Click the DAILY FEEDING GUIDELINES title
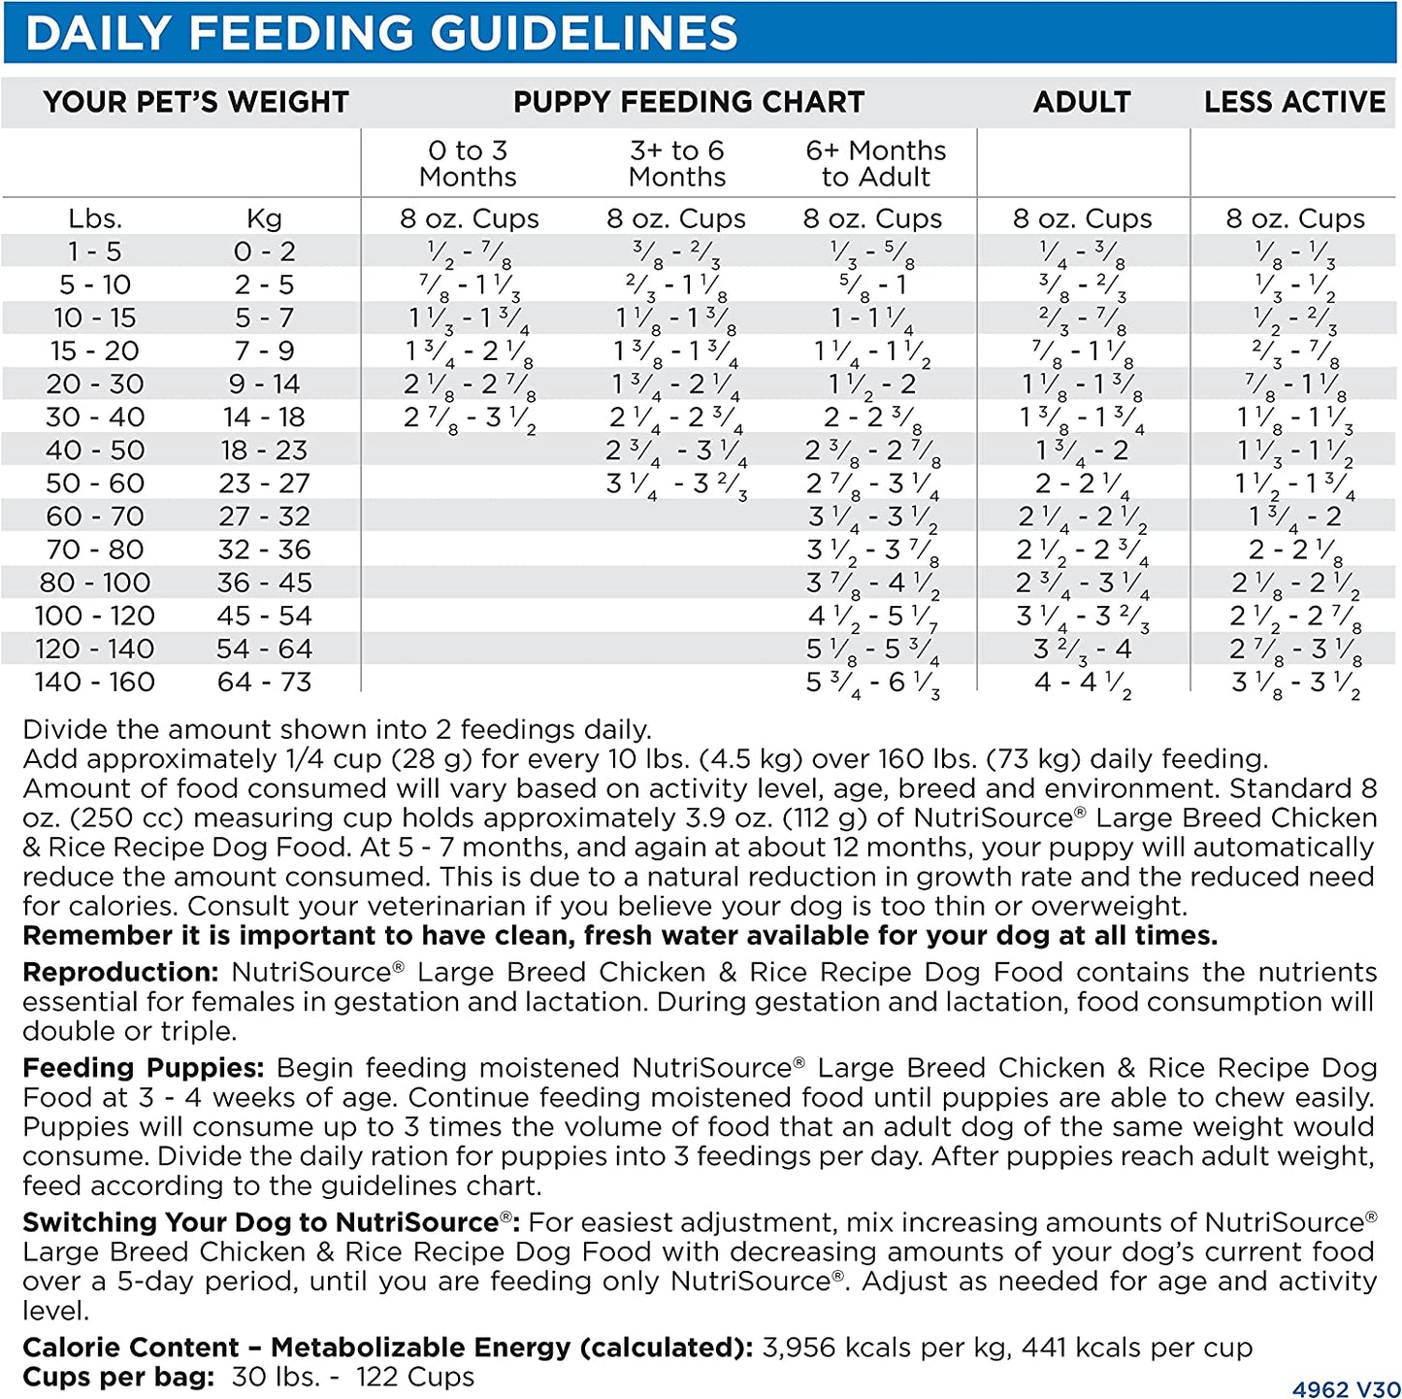(x=381, y=33)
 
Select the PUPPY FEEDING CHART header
(x=688, y=102)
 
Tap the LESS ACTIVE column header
(x=1294, y=102)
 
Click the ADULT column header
(x=1082, y=102)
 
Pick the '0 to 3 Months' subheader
(x=468, y=163)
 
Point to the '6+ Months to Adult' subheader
(x=875, y=163)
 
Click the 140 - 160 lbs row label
(x=94, y=682)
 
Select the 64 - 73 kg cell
(x=264, y=682)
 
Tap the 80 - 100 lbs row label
(x=94, y=583)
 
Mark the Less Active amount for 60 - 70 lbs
(x=1294, y=517)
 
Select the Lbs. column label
(x=95, y=218)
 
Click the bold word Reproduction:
(x=120, y=972)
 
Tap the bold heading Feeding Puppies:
(x=143, y=1068)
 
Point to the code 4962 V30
(x=1346, y=1389)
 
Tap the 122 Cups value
(x=415, y=1377)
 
